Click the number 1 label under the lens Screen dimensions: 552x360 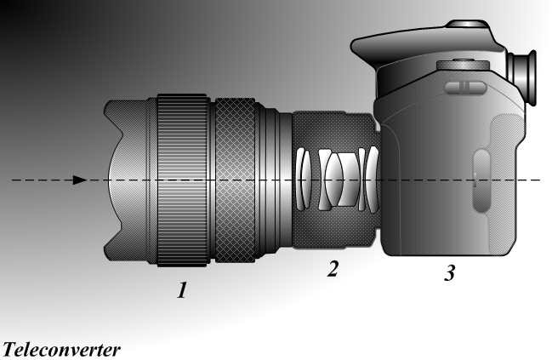coord(182,290)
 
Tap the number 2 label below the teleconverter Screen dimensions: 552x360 coord(333,268)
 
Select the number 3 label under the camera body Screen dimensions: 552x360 coord(450,272)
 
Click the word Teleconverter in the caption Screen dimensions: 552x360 coord(61,350)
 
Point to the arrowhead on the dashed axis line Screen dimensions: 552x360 coord(80,180)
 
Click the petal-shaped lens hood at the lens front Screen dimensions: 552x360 coord(126,180)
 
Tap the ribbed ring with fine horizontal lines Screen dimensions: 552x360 coord(182,180)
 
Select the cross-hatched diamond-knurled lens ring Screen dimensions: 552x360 coord(235,180)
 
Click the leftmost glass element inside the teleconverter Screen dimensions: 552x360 coord(300,180)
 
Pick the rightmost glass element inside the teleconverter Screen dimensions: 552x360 coord(373,180)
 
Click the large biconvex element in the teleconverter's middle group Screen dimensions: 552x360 coord(333,180)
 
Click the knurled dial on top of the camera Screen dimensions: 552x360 coord(463,65)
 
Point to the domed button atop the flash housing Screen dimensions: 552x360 coord(468,24)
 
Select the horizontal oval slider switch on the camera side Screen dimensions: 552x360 coord(465,87)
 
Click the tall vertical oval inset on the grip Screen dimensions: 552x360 coord(481,180)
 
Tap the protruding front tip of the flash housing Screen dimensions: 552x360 coord(353,46)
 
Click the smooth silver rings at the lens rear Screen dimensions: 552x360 coord(274,180)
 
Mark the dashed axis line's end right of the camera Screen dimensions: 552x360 coord(540,180)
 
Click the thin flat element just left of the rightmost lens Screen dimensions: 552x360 coord(361,180)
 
